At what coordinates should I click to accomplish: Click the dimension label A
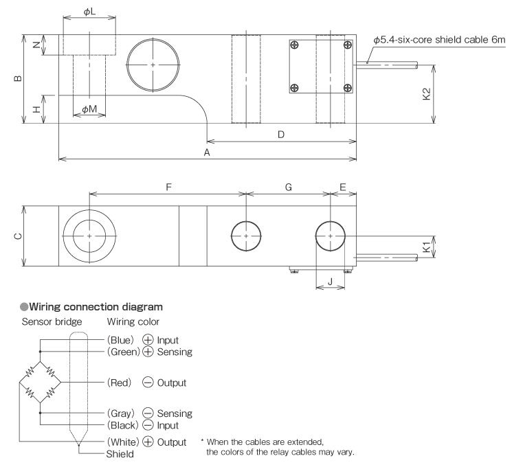pyautogui.click(x=207, y=153)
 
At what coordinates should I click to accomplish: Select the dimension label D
pyautogui.click(x=281, y=135)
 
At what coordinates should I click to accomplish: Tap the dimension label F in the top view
pyautogui.click(x=168, y=186)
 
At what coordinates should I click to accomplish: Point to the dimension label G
pyautogui.click(x=288, y=186)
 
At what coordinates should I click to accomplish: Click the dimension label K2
pyautogui.click(x=427, y=94)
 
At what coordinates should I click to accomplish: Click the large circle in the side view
pyautogui.click(x=152, y=65)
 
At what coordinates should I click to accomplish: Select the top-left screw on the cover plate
pyautogui.click(x=295, y=45)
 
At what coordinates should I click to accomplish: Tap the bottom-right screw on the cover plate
pyautogui.click(x=347, y=87)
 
